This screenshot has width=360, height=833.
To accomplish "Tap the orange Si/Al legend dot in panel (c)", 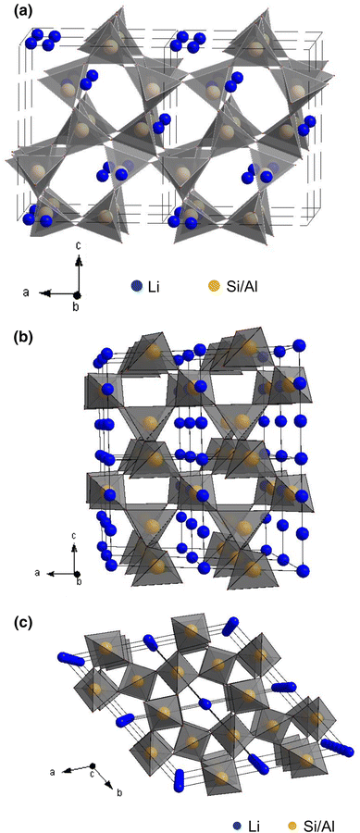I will tap(296, 821).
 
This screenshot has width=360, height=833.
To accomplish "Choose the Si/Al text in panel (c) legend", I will tap(324, 821).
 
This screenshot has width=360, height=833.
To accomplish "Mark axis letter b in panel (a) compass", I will tap(77, 306).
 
